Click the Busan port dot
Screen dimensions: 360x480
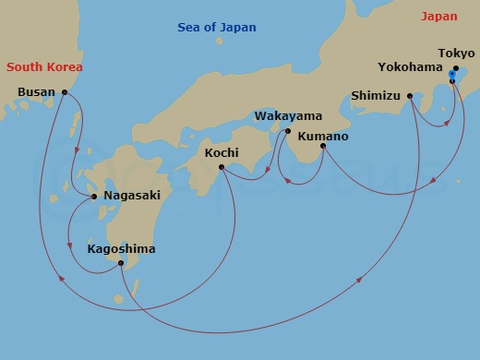pos(64,92)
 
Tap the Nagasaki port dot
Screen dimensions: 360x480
pos(94,197)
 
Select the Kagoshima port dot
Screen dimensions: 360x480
pos(121,263)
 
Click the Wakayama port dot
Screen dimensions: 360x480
pos(287,131)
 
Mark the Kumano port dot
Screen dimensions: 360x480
pos(322,147)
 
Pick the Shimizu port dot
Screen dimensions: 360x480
pos(409,95)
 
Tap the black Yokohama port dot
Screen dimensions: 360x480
pos(451,81)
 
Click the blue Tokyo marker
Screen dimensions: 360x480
pos(451,73)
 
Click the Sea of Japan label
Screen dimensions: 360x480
pos(217,28)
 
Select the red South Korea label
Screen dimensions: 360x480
pos(44,67)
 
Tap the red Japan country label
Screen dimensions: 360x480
pos(438,17)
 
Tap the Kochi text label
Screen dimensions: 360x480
pos(221,152)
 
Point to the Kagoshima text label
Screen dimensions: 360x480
pos(120,249)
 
